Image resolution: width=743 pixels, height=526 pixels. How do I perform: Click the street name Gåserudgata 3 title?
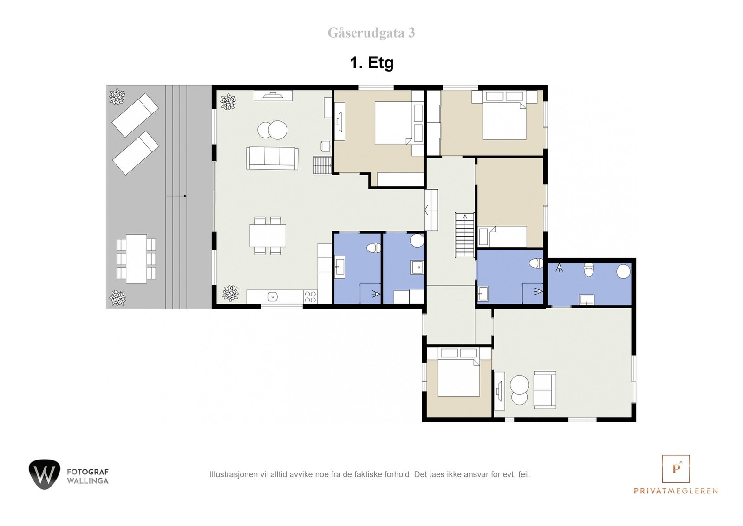[x=371, y=33]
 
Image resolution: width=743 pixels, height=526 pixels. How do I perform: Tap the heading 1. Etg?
[x=371, y=63]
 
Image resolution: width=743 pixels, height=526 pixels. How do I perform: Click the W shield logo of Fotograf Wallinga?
[x=45, y=474]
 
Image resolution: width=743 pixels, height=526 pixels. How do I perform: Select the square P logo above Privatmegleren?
[x=676, y=468]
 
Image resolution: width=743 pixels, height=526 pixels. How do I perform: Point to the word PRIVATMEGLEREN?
[x=676, y=491]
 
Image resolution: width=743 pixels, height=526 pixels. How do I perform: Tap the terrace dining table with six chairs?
[x=137, y=259]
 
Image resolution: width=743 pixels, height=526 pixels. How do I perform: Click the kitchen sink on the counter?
[x=273, y=296]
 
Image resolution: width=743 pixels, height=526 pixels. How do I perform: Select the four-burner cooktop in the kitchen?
[x=311, y=296]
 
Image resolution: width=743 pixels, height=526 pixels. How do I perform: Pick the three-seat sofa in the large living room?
[x=272, y=158]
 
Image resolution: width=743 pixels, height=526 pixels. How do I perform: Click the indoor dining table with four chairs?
[x=268, y=236]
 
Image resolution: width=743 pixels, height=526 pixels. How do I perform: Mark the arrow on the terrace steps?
[x=176, y=196]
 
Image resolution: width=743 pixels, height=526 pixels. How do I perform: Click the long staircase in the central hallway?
[x=465, y=235]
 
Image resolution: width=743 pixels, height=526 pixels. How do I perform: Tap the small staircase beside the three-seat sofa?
[x=322, y=165]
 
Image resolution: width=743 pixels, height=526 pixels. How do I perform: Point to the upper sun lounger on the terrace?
[x=135, y=115]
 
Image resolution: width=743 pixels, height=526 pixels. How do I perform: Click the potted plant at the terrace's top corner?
[x=117, y=97]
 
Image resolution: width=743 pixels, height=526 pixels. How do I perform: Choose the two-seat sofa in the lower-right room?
[x=545, y=390]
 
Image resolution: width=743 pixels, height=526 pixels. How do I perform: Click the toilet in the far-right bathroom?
[x=588, y=270]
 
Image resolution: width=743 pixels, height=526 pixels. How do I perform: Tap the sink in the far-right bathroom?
[x=587, y=300]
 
